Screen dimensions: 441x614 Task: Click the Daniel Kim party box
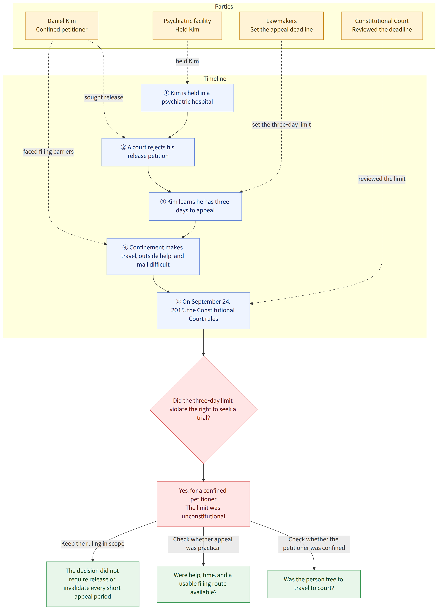tap(62, 26)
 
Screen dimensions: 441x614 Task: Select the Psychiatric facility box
tap(187, 26)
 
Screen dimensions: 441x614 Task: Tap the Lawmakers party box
tap(281, 26)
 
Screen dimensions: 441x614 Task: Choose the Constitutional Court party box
tap(382, 26)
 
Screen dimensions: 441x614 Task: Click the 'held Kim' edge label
tap(187, 61)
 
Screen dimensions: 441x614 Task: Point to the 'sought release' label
tap(104, 97)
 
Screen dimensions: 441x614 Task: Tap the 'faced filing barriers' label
tap(48, 152)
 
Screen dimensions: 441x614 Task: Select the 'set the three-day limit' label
tap(281, 125)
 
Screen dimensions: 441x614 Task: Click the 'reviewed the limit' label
tap(382, 179)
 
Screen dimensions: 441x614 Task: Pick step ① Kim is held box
tap(187, 98)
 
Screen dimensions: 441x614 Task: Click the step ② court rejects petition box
tap(148, 152)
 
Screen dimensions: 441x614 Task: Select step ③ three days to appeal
tap(195, 207)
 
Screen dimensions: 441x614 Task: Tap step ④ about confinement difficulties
tap(153, 256)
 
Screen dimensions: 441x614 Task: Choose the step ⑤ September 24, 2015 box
tap(203, 311)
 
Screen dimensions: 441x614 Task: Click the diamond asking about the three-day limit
tap(203, 410)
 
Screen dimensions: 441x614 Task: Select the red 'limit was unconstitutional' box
tap(203, 504)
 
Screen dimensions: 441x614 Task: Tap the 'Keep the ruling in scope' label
tap(93, 544)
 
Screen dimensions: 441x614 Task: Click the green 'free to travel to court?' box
tap(314, 584)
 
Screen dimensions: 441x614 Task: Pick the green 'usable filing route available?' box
tap(203, 584)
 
